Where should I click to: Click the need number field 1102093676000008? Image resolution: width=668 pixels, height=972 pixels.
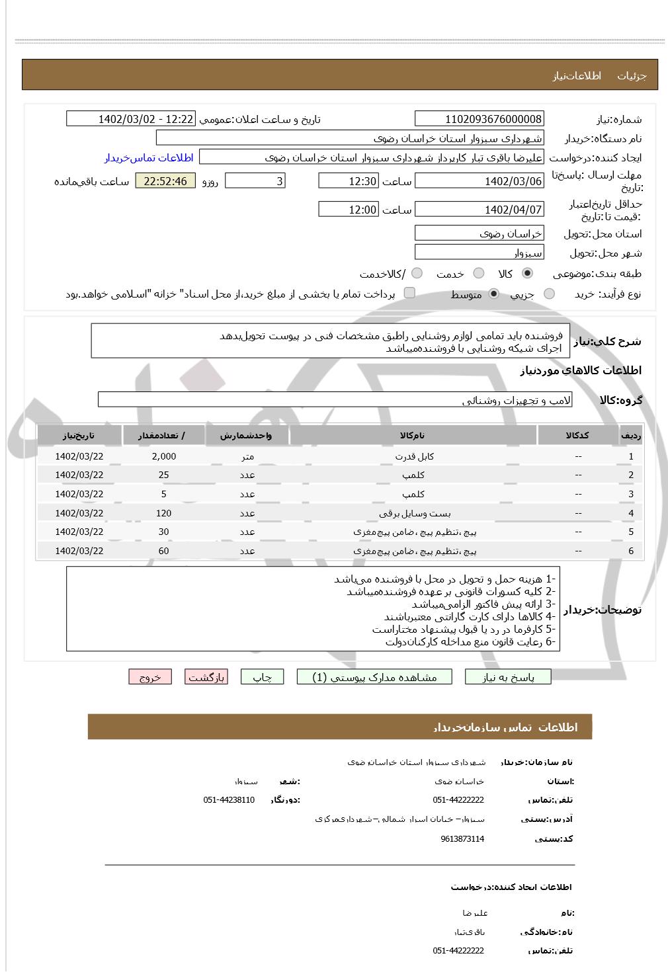479,119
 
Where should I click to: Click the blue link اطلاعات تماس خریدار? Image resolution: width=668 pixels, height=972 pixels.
149,157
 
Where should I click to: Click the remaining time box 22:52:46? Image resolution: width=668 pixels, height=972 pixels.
165,181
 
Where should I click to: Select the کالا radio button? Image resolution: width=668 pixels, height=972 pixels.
527,273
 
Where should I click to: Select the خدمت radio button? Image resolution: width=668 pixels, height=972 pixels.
479,273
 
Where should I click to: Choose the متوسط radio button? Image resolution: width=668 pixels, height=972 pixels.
494,294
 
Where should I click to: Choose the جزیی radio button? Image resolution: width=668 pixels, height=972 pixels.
549,294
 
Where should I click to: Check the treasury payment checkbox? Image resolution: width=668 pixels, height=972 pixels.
409,293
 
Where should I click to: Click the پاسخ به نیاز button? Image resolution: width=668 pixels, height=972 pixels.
508,677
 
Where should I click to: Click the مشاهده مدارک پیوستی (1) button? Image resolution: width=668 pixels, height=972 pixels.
375,677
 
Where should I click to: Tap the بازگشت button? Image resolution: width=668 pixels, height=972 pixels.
206,677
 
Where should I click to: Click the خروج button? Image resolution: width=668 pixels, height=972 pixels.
150,677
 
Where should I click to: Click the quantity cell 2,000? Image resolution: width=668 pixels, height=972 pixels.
163,456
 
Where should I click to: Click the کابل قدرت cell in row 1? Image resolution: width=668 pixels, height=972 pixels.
414,456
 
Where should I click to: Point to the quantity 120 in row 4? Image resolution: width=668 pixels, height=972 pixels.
163,513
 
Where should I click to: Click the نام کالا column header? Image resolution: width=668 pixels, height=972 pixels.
413,435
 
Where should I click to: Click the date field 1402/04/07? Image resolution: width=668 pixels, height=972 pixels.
479,210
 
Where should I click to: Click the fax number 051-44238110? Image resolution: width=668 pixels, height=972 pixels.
229,800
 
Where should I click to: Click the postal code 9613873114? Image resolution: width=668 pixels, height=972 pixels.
462,839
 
